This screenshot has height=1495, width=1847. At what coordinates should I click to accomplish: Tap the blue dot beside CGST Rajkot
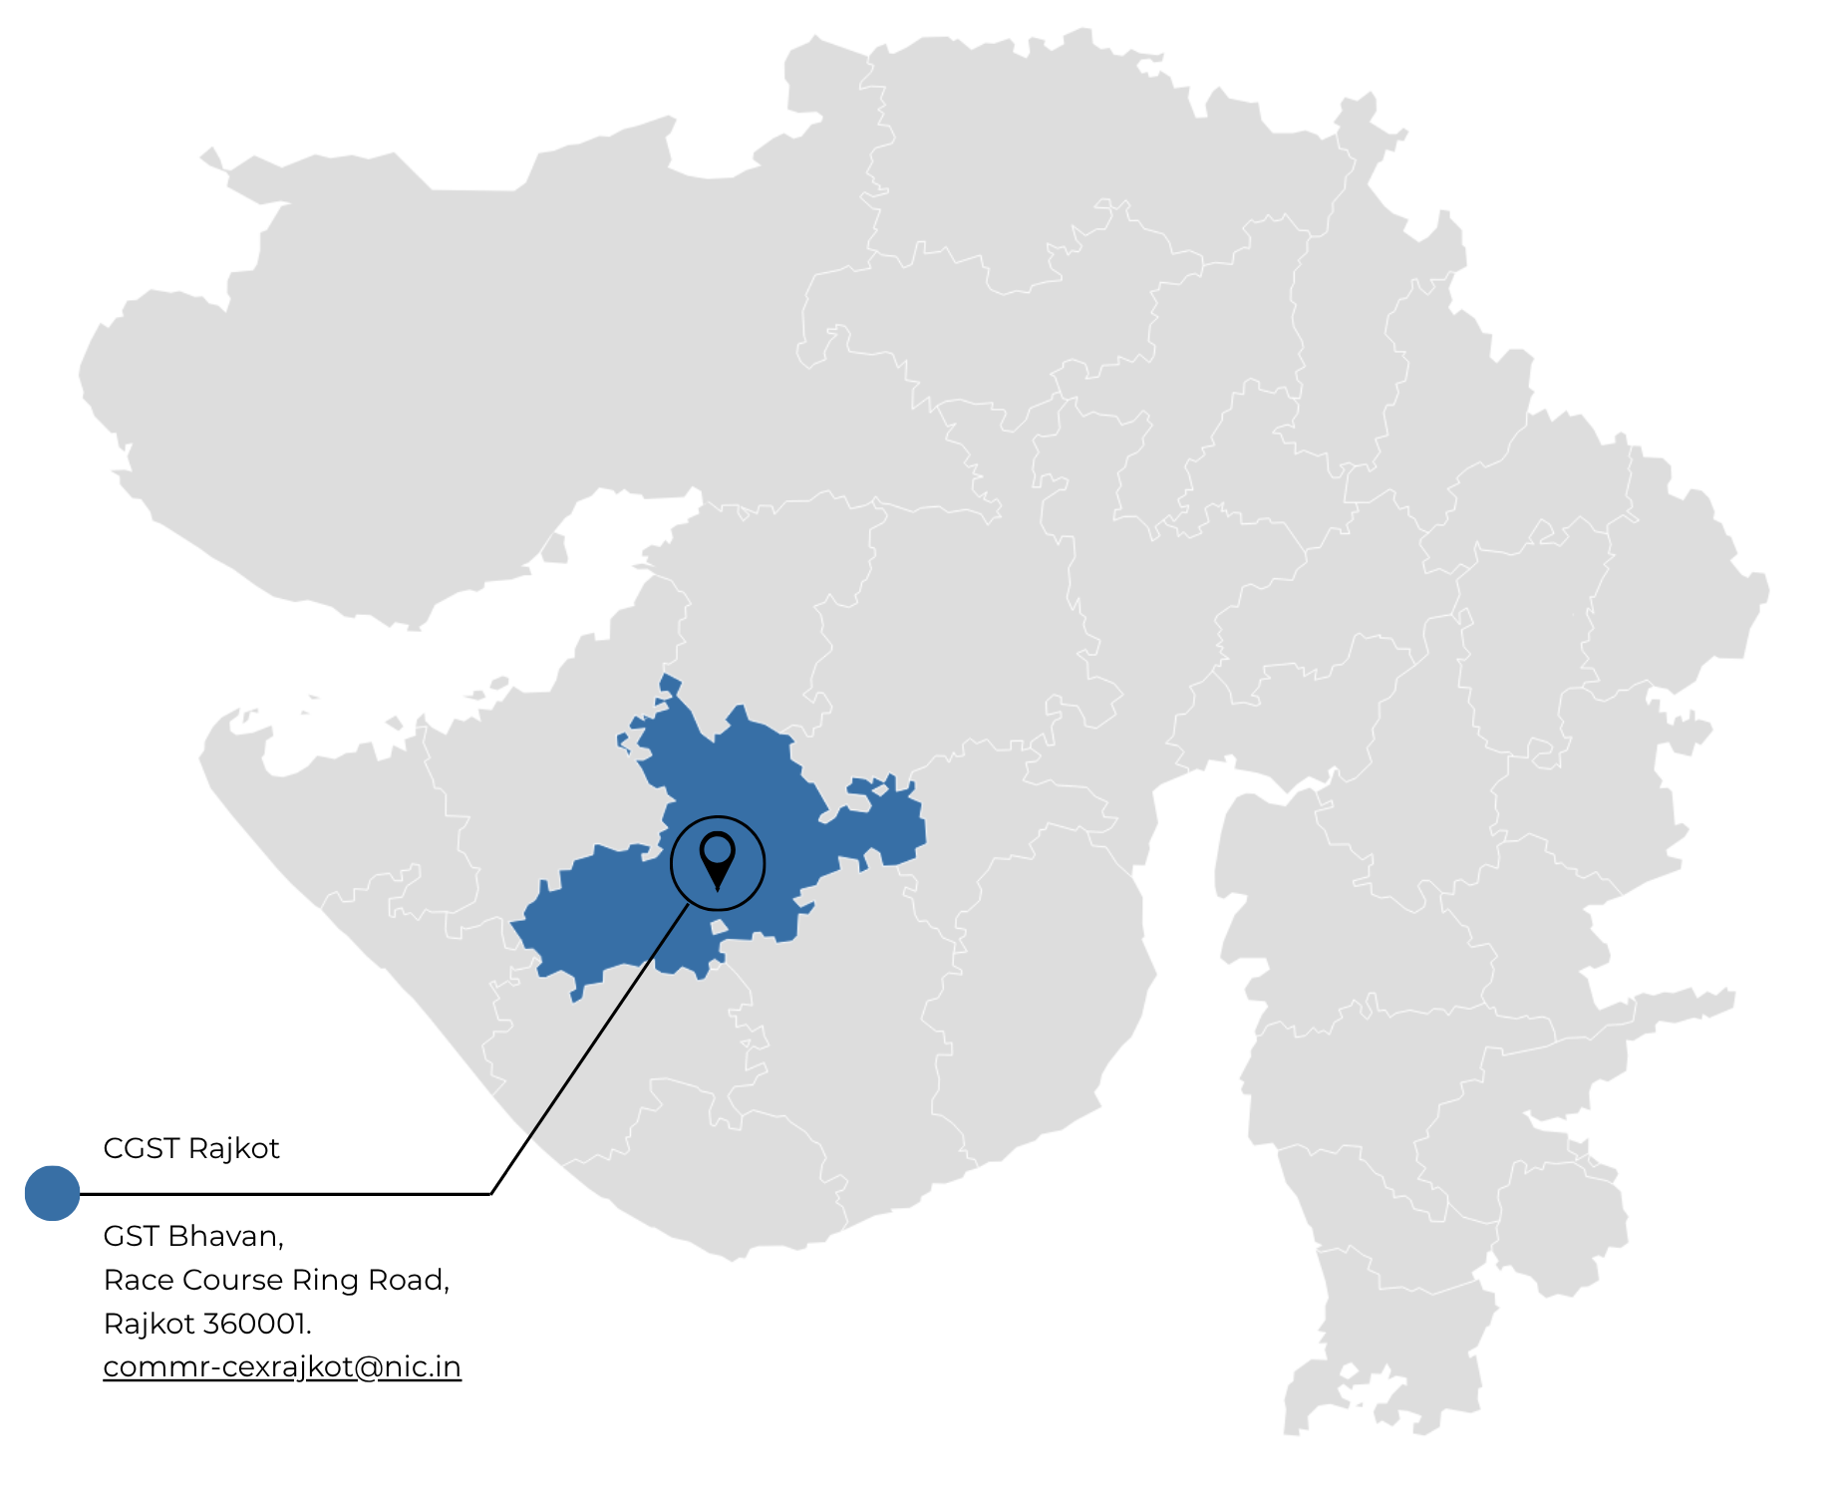(52, 1193)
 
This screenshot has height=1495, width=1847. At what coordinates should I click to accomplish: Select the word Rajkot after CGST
(233, 1148)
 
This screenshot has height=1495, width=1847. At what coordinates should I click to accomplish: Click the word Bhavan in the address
(226, 1236)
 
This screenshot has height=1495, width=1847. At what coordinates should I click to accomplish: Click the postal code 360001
(257, 1324)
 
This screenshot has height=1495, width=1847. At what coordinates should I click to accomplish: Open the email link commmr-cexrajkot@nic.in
(282, 1366)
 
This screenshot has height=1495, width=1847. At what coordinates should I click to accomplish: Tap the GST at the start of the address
(132, 1236)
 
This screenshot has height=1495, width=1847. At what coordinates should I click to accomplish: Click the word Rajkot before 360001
(149, 1324)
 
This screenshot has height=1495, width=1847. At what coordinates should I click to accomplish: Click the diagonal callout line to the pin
(588, 1051)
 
